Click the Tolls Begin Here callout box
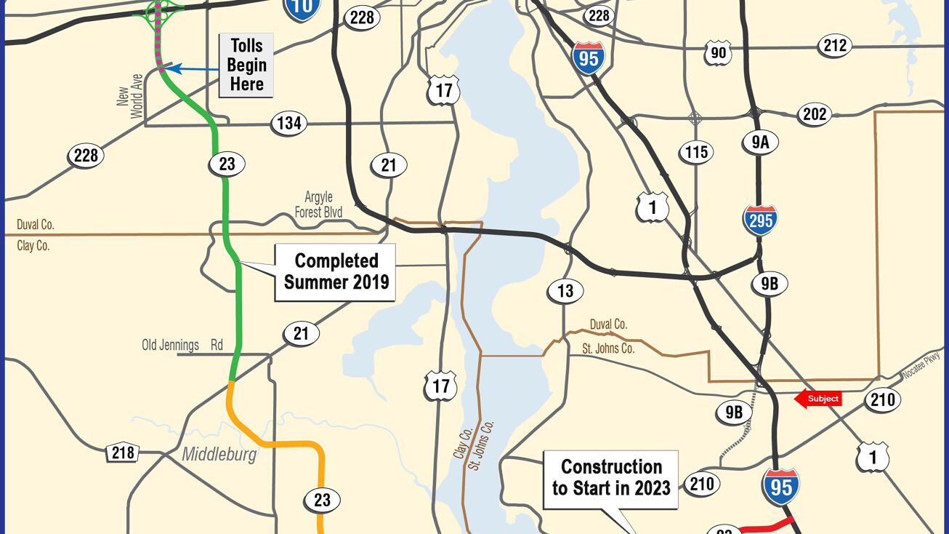click(x=246, y=65)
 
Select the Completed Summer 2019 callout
click(x=336, y=271)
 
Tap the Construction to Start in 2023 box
click(x=611, y=478)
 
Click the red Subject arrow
click(x=817, y=398)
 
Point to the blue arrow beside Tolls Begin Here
click(x=193, y=70)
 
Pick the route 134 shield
click(x=289, y=123)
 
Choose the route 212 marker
click(x=835, y=46)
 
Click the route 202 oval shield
click(x=815, y=114)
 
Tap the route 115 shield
click(x=695, y=152)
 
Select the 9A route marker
click(x=760, y=143)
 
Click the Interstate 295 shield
click(x=759, y=219)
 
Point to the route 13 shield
click(x=565, y=292)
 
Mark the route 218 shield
click(x=123, y=453)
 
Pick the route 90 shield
click(x=718, y=52)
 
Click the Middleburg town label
click(x=219, y=455)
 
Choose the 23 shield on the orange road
click(x=322, y=501)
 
